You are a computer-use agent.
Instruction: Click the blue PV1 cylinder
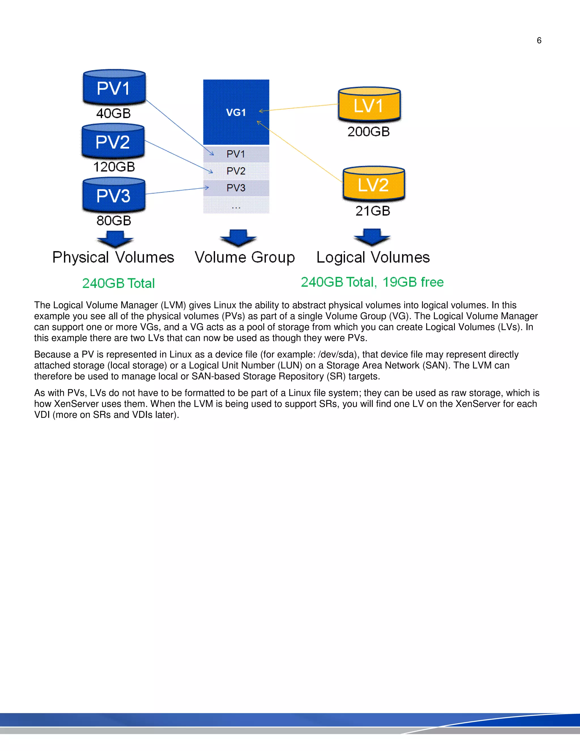114,87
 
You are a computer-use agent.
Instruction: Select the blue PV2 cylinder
113,141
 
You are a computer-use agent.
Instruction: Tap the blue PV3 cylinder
114,195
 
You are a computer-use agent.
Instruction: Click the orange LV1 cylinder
369,105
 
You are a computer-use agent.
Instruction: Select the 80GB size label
114,221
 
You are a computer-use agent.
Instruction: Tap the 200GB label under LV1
368,132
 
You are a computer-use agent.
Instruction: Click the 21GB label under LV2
373,211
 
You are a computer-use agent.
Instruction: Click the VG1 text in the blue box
236,113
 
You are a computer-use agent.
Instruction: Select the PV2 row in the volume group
236,171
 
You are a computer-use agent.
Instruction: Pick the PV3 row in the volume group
236,188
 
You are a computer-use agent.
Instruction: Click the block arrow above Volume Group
238,237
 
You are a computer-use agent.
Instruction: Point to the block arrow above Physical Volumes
115,239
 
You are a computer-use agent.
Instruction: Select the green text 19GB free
413,282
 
